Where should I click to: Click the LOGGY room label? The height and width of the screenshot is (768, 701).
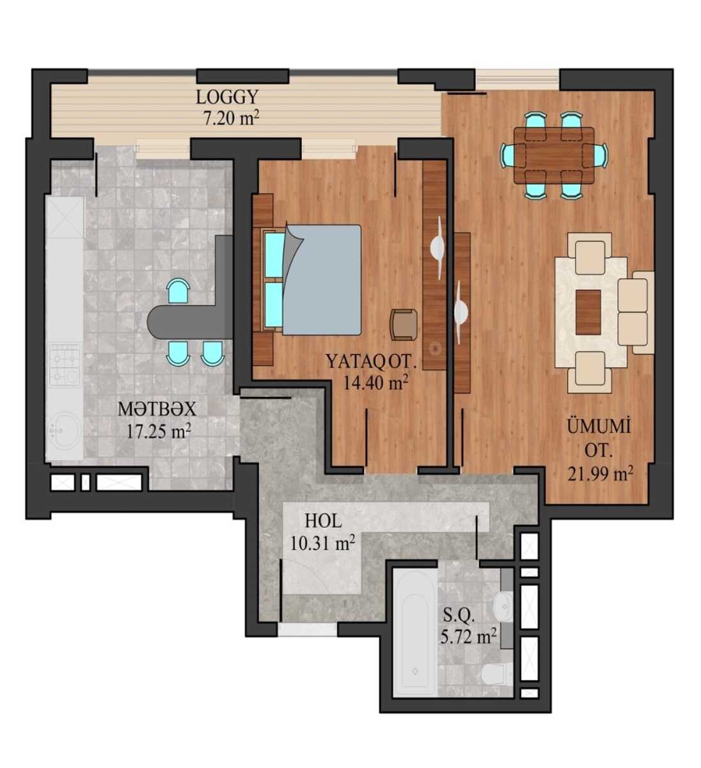(x=227, y=98)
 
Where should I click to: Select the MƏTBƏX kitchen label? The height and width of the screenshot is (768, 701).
(x=157, y=410)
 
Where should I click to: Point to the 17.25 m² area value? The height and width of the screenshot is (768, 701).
(x=159, y=432)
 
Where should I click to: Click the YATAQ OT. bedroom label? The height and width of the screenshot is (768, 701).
(x=371, y=361)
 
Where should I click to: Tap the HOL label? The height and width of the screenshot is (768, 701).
(x=323, y=522)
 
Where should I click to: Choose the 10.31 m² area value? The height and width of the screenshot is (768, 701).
(x=322, y=543)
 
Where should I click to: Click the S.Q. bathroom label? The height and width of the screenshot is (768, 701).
(x=459, y=616)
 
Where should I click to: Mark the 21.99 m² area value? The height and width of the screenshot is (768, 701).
(x=600, y=475)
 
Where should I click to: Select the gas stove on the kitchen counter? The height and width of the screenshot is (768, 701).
(x=66, y=365)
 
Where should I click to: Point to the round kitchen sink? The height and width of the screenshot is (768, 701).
(x=64, y=431)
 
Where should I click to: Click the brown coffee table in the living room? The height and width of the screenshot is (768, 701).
(x=588, y=312)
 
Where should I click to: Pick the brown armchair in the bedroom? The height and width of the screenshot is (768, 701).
(x=404, y=324)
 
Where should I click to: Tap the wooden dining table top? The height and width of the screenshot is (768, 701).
(x=554, y=156)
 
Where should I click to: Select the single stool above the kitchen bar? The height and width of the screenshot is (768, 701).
(x=178, y=292)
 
